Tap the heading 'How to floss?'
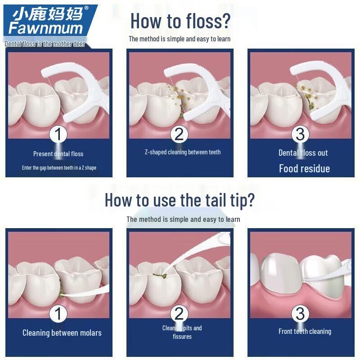(x=180, y=21)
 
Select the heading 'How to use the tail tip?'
(x=180, y=200)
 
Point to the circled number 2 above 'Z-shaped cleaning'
(x=179, y=134)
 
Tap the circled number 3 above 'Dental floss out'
(x=301, y=134)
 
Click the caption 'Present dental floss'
(x=58, y=154)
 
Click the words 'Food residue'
(x=304, y=169)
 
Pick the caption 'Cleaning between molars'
(x=62, y=333)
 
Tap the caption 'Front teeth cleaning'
(x=305, y=332)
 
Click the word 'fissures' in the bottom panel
(x=182, y=337)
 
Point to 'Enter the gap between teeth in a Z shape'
(x=59, y=168)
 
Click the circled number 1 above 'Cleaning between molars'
(x=58, y=314)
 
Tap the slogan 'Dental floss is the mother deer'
(x=45, y=44)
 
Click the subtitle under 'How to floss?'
(x=180, y=39)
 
